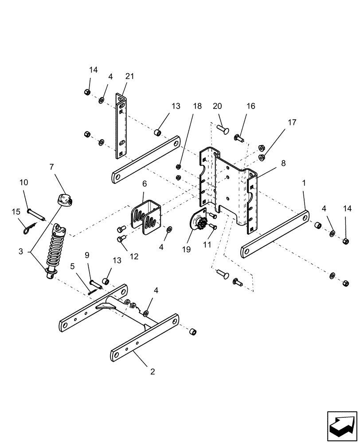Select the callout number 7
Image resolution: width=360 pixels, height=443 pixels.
[52, 167]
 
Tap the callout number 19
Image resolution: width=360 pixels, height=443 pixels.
[186, 249]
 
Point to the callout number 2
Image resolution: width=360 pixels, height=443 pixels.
[152, 371]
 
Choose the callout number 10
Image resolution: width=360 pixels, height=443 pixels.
[23, 182]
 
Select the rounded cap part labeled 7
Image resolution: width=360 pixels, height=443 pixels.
[65, 200]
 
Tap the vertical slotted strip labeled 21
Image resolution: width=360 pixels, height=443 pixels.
[121, 126]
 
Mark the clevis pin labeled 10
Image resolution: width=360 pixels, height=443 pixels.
[35, 212]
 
